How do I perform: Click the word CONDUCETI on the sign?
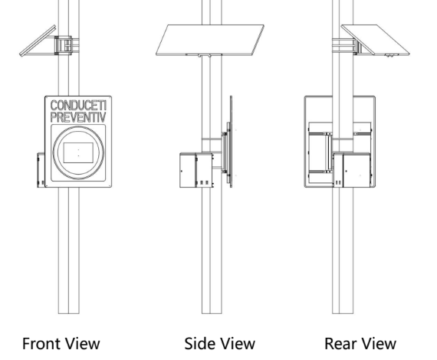pos(78,106)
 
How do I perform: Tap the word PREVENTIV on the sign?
pos(78,117)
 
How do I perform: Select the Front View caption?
pos(61,343)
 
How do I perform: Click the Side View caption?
pos(219,343)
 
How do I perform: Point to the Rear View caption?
pos(360,343)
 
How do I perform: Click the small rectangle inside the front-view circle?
pos(78,152)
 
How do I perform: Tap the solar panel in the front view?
pos(38,41)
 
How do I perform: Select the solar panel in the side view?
pos(210,40)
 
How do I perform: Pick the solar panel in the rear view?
pos(376,40)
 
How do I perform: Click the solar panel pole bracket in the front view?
pos(64,45)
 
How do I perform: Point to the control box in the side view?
pos(196,170)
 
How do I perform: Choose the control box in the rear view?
pos(352,170)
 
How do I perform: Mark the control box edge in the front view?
pos(41,170)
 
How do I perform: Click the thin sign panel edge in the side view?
pos(231,142)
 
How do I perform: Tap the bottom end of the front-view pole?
pos(69,313)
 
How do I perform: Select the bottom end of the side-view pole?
pos(212,313)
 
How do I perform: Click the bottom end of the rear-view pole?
pos(343,313)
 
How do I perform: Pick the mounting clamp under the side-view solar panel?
pos(204,55)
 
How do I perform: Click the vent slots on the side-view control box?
pos(204,182)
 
